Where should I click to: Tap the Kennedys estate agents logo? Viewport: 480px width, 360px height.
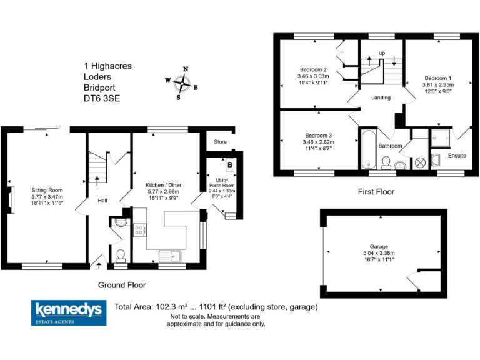69,312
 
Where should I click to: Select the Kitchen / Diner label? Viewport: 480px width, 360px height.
163,186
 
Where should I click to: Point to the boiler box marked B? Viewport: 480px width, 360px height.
231,165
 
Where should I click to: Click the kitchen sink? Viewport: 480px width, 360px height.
169,255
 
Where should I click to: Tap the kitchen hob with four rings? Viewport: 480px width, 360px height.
141,229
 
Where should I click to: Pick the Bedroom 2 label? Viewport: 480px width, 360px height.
312,69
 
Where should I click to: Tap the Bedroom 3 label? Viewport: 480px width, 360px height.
318,136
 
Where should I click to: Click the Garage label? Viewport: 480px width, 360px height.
378,247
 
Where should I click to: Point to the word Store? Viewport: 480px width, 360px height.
219,141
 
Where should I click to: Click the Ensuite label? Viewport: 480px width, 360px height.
457,155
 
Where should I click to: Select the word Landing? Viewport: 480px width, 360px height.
381,97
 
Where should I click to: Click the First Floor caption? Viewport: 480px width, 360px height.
376,192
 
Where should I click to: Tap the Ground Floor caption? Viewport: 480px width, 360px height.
122,285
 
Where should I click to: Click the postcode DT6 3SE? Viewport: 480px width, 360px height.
102,98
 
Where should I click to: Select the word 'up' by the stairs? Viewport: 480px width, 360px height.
381,52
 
